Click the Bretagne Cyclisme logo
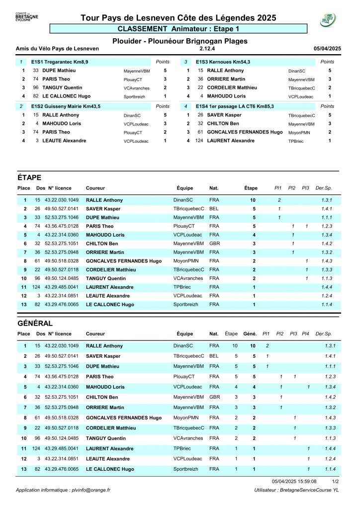[x=27, y=18]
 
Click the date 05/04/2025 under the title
[x=327, y=49]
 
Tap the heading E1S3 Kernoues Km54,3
[x=223, y=62]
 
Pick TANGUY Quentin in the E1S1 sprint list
[x=62, y=87]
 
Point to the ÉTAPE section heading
[x=29, y=177]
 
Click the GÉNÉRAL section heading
[x=35, y=323]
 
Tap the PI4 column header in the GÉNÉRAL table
[x=308, y=334]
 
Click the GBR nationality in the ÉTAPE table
[x=214, y=244]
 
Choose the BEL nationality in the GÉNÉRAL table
[x=214, y=356]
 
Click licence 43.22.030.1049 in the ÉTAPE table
[x=62, y=200]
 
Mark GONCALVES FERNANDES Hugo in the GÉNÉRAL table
[x=124, y=418]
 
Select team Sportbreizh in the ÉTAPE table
[x=185, y=304]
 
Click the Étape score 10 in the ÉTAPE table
[x=253, y=200]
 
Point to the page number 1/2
[x=336, y=481]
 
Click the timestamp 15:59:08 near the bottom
[x=307, y=481]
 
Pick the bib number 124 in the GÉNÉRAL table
[x=36, y=448]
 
